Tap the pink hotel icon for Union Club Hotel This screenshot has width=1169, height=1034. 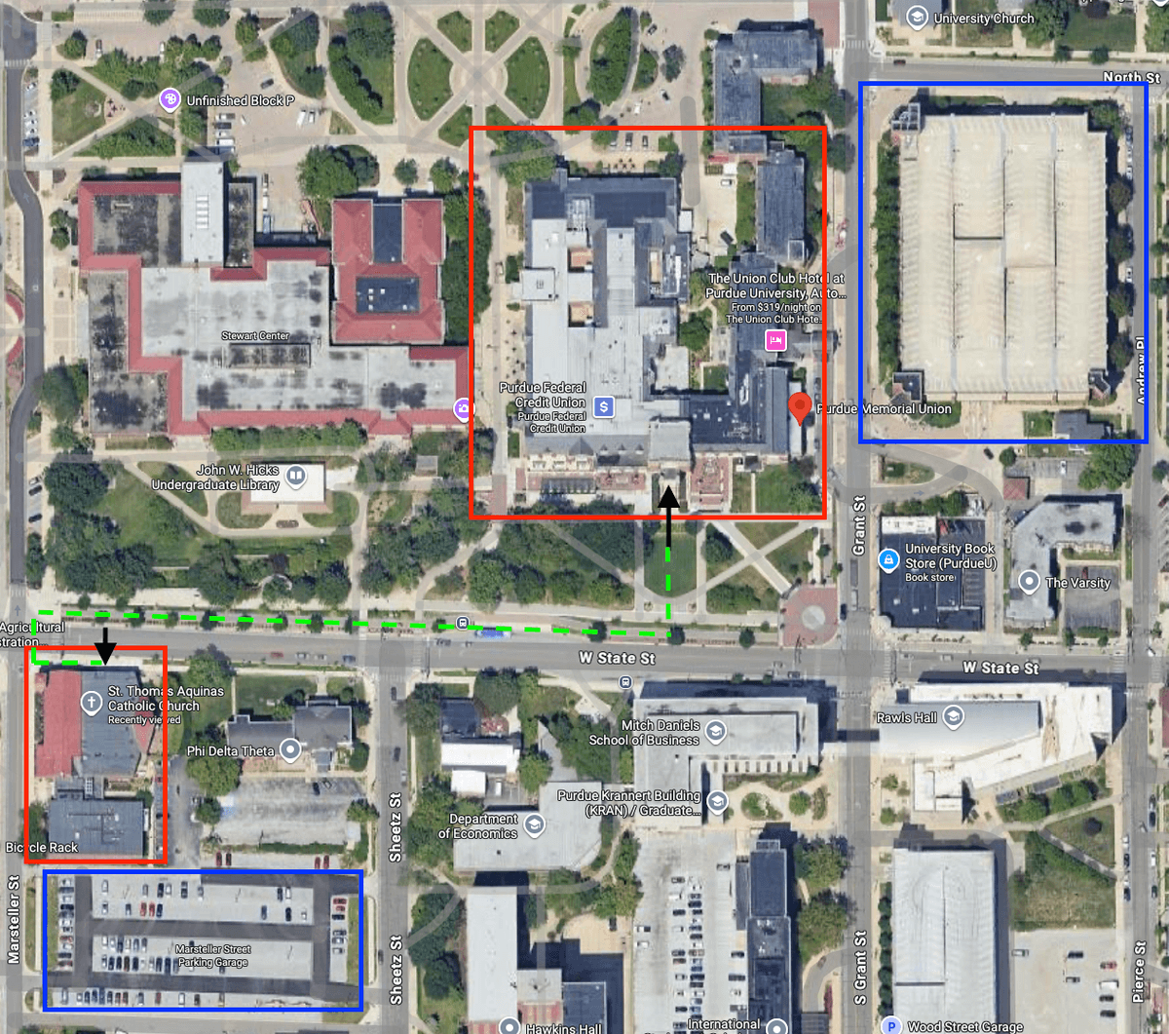(x=775, y=339)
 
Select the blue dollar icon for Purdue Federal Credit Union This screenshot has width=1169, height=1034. (x=604, y=407)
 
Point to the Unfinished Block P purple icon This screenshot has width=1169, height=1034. (x=171, y=100)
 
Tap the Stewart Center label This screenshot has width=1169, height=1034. (x=255, y=336)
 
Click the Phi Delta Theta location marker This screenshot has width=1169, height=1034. (x=289, y=750)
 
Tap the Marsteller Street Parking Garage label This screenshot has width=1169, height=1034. (x=213, y=955)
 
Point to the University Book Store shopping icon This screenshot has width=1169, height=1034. (x=888, y=560)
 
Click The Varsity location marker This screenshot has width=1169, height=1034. (x=1029, y=582)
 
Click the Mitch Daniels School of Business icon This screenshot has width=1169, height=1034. (x=716, y=732)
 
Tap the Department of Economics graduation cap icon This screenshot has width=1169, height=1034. (x=534, y=825)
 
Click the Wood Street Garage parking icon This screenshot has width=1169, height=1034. (x=890, y=1025)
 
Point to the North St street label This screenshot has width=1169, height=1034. (x=1131, y=77)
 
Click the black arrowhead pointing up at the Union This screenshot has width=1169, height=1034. (x=668, y=496)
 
